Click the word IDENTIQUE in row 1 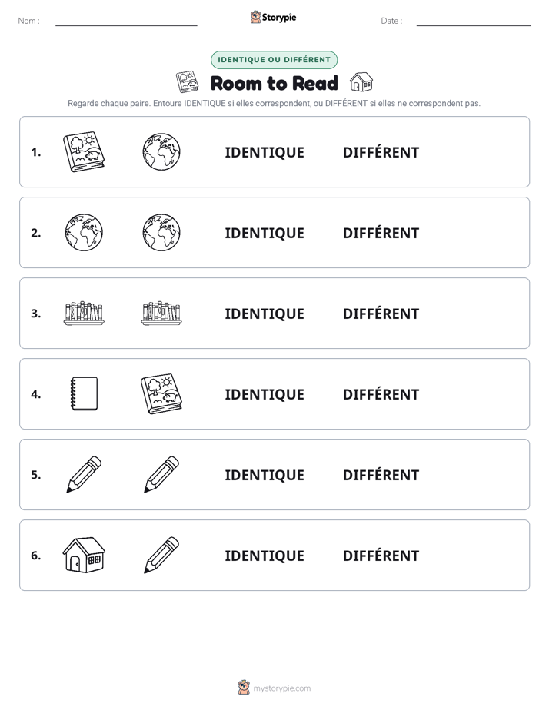(265, 153)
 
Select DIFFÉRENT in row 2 (381, 233)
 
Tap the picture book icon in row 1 (84, 152)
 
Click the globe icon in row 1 (161, 152)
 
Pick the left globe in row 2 (84, 233)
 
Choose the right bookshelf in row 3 (161, 314)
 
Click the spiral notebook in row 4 (85, 394)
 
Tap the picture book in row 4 (161, 394)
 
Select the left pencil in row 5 (84, 475)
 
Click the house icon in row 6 (84, 555)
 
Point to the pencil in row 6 (161, 555)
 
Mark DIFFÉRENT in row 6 (381, 556)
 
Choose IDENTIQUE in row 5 (265, 476)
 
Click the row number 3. (36, 314)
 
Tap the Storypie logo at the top (274, 17)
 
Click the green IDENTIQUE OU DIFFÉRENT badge (274, 60)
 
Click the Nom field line (126, 25)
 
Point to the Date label (391, 21)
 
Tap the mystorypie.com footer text (281, 688)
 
